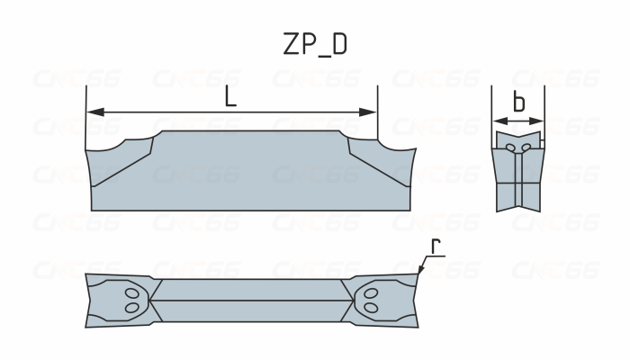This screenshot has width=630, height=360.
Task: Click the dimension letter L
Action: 231,96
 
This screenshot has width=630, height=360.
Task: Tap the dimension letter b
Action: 518,103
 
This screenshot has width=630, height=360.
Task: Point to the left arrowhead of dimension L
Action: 92,112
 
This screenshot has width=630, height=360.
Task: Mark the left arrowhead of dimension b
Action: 496,119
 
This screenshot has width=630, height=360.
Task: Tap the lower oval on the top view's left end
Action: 132,308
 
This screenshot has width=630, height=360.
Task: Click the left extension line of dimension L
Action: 85,117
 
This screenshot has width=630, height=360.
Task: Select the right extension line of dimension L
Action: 377,117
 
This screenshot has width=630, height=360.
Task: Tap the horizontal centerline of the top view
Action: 253,301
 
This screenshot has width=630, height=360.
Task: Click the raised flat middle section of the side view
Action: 252,171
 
